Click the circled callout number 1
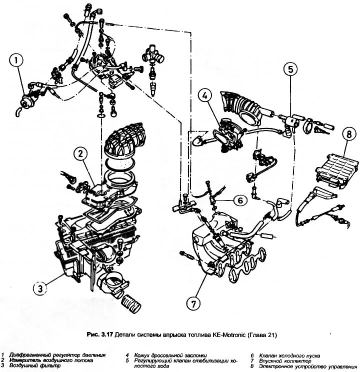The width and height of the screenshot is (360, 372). [16, 61]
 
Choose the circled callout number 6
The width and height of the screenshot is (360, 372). [239, 200]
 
